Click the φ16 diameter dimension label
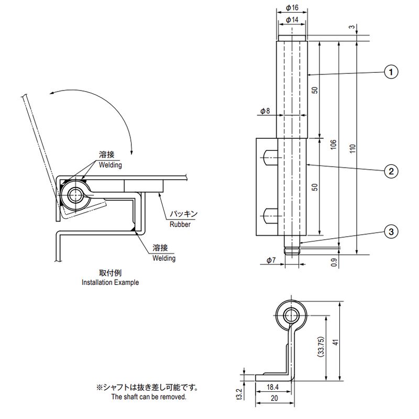coord(292,8)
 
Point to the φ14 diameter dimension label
coord(292,19)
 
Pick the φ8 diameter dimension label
coord(264,111)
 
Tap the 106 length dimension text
coord(334,145)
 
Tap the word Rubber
coord(180,224)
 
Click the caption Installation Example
coord(110,282)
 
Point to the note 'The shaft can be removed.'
coord(148,398)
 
